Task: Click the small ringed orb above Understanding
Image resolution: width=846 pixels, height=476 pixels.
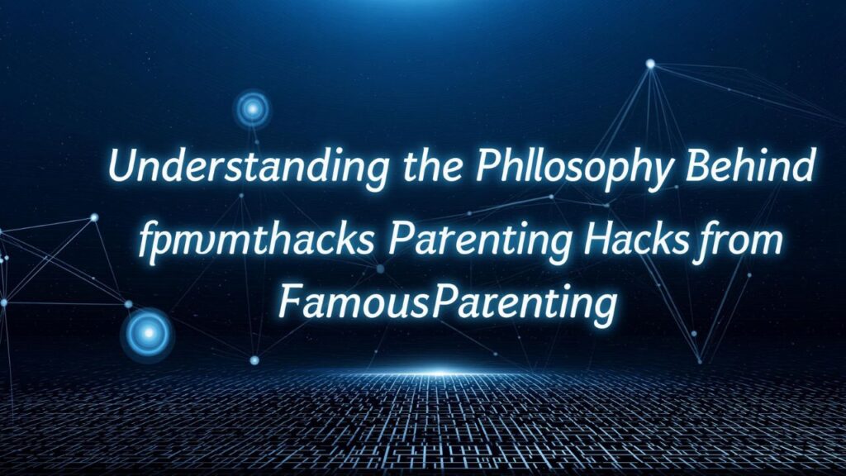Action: click(x=251, y=108)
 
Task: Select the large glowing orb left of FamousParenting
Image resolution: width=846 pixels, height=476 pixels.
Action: click(x=148, y=333)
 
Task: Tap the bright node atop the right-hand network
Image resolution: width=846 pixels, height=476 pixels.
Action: click(x=650, y=64)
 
